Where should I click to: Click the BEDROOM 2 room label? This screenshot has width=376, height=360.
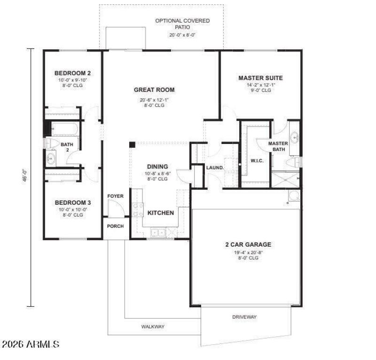[72, 73]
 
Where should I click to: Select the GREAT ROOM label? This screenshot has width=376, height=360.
[154, 90]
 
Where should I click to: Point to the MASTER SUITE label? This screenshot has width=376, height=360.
[260, 78]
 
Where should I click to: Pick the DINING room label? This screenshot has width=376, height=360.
[157, 167]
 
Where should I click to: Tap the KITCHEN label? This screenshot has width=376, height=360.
[161, 213]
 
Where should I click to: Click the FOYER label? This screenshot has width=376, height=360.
[115, 196]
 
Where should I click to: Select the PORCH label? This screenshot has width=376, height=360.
[115, 226]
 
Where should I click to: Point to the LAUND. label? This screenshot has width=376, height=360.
[214, 168]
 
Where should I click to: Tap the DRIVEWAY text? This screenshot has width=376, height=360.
[244, 317]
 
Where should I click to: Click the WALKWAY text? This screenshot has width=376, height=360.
[153, 326]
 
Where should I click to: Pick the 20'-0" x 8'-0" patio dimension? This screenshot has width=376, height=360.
[182, 35]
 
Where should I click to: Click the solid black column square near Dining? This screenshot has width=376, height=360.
[133, 144]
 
